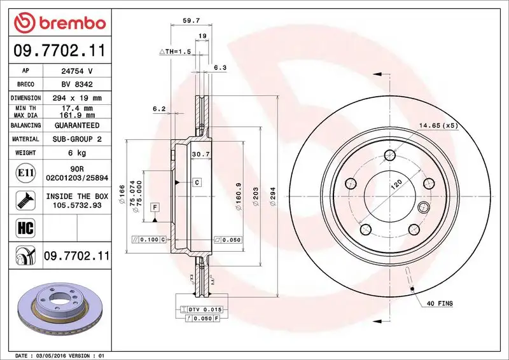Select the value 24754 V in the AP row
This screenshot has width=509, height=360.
[x=77, y=71]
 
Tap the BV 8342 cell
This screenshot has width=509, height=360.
[x=77, y=84]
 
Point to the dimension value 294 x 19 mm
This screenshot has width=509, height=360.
[x=77, y=98]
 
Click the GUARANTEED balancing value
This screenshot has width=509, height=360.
[x=77, y=125]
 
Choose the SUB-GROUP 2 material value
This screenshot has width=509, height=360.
[x=77, y=139]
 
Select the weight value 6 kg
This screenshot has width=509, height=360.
[x=77, y=153]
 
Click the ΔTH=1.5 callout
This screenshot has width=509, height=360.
[x=175, y=50]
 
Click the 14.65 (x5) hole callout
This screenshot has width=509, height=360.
[x=438, y=125]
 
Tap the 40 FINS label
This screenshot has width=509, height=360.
[x=440, y=304]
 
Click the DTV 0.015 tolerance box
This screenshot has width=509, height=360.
[x=201, y=308]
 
